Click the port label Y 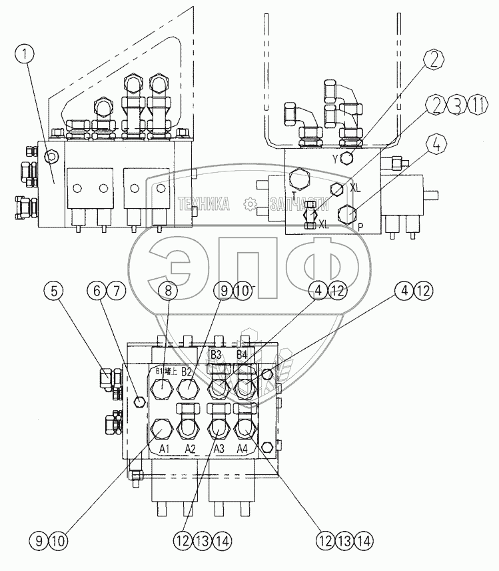335,159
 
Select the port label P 361,225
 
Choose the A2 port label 190,449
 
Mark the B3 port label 216,354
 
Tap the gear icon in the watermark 250,204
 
